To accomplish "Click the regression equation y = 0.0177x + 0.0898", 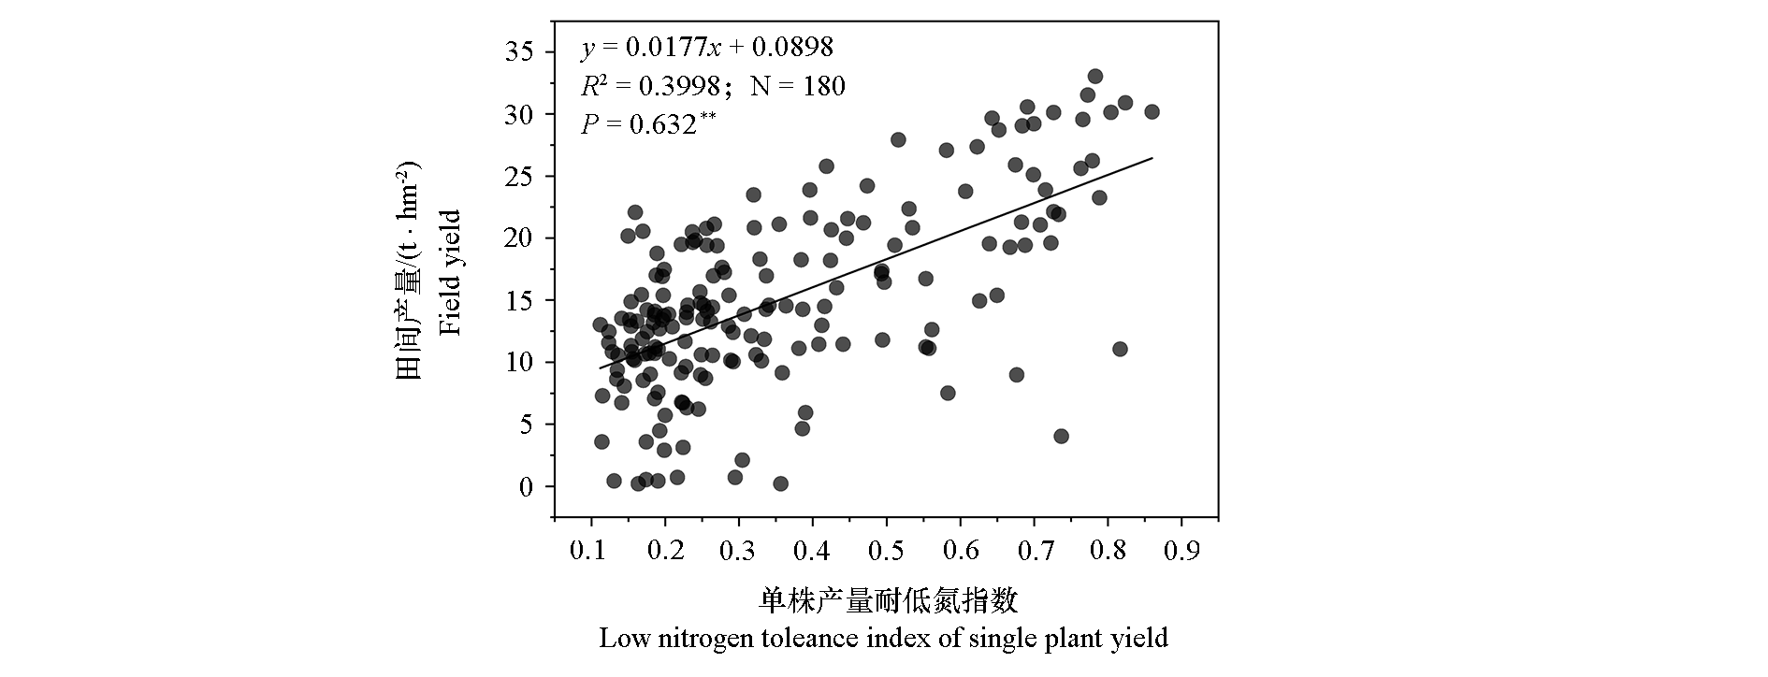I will point(706,48).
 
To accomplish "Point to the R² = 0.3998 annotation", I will point(651,87).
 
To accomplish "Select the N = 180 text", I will point(798,87).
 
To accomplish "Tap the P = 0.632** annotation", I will point(647,123).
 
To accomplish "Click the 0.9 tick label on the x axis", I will point(1181,549).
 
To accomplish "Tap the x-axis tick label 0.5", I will point(886,549).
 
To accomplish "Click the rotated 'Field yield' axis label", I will point(452,273).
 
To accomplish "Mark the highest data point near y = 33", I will point(1094,77).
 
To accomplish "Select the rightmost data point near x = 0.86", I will point(1152,112).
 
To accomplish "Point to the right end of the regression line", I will point(1152,159).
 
